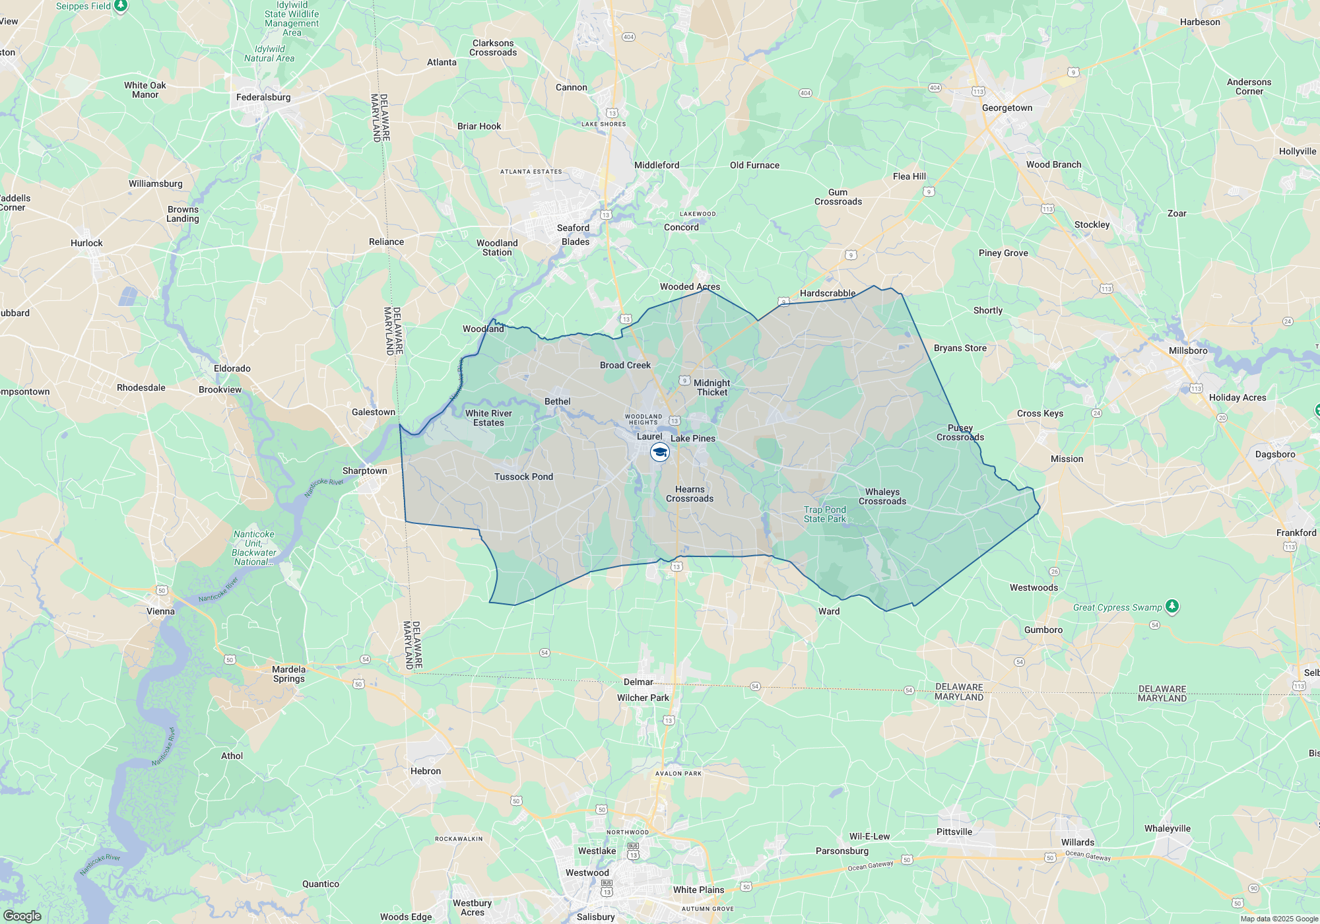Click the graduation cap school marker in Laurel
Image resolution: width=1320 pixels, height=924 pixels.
(x=660, y=452)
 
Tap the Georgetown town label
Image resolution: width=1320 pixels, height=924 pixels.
(x=1006, y=108)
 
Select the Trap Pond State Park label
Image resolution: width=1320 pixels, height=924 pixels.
(x=824, y=514)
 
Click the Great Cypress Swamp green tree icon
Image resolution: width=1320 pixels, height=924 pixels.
(x=1171, y=606)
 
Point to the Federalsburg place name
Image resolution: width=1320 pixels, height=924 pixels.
(x=263, y=98)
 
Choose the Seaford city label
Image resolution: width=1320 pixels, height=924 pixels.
(x=573, y=228)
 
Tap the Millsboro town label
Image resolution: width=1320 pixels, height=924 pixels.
(x=1188, y=350)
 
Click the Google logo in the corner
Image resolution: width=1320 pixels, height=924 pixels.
(x=22, y=915)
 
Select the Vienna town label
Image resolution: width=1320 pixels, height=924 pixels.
(x=160, y=611)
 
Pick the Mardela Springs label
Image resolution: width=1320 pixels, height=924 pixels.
(x=288, y=674)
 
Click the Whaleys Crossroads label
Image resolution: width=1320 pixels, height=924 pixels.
(x=882, y=496)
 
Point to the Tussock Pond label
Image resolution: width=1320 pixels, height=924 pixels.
(x=523, y=477)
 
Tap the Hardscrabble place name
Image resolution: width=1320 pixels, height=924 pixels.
(x=828, y=293)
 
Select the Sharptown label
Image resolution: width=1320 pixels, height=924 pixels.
(x=364, y=471)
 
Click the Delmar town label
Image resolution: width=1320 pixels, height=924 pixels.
(x=638, y=682)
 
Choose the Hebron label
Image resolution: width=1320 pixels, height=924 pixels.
(x=425, y=771)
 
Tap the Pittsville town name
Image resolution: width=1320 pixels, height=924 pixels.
(x=954, y=832)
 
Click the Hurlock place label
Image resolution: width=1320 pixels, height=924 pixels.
(x=86, y=243)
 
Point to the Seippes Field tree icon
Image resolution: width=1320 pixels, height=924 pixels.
(x=120, y=6)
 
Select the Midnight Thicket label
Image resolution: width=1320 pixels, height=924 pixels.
(x=711, y=387)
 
